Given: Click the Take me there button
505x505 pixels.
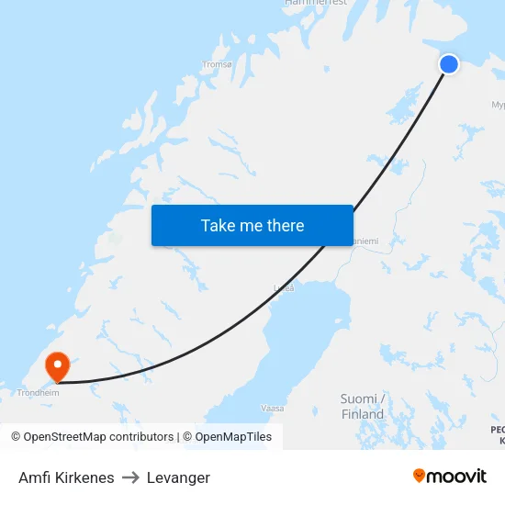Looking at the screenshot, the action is pyautogui.click(x=252, y=225).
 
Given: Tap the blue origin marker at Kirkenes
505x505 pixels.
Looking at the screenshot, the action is pyautogui.click(x=449, y=63).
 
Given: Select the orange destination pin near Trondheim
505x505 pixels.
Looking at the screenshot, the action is pyautogui.click(x=58, y=367).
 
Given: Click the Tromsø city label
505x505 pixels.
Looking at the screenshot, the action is pyautogui.click(x=217, y=64).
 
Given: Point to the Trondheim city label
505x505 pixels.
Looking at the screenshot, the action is pyautogui.click(x=38, y=392).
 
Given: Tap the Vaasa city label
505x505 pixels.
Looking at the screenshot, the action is pyautogui.click(x=272, y=407).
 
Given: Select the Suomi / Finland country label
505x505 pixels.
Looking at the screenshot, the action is pyautogui.click(x=363, y=407).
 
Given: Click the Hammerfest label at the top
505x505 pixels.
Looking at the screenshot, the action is pyautogui.click(x=316, y=3).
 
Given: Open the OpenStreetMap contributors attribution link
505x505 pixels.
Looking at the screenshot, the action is pyautogui.click(x=98, y=437).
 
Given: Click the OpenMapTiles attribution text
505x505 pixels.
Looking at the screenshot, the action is pyautogui.click(x=233, y=437).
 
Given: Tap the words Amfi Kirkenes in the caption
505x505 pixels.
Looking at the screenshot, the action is pyautogui.click(x=66, y=477).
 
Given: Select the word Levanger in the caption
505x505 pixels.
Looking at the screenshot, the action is pyautogui.click(x=178, y=477).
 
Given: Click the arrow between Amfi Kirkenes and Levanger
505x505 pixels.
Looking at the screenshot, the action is pyautogui.click(x=130, y=477).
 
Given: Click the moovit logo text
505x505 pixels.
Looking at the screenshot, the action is pyautogui.click(x=457, y=476).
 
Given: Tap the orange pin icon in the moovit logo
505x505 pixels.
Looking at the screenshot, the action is pyautogui.click(x=420, y=476).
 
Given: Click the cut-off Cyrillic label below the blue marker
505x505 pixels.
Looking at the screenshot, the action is pyautogui.click(x=498, y=105).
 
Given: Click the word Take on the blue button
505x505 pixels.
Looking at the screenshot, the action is pyautogui.click(x=219, y=225).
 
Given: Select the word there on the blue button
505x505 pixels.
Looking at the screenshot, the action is pyautogui.click(x=284, y=225).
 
